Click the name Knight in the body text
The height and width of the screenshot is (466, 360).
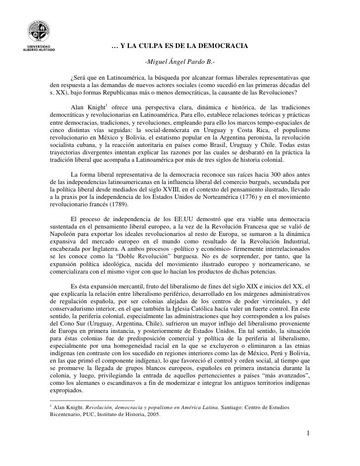pyautogui.click(x=93, y=108)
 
